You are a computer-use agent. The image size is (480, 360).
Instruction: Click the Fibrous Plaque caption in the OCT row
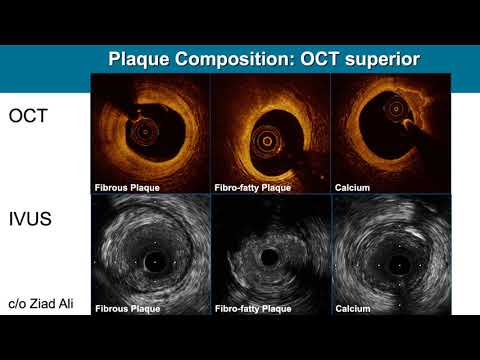(x=127, y=187)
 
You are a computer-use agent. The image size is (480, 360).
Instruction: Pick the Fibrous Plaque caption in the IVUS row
(x=127, y=309)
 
